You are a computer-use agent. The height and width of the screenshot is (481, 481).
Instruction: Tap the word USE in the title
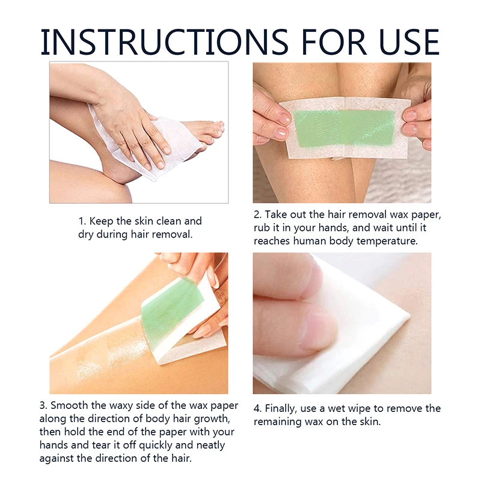pos(409,41)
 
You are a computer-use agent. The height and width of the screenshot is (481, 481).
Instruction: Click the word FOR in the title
pos(334,41)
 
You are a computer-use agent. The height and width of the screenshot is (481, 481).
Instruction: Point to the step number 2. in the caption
pos(258,215)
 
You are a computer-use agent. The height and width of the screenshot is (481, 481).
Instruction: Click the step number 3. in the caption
pos(43,405)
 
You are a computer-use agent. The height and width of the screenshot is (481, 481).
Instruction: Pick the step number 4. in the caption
pos(258,409)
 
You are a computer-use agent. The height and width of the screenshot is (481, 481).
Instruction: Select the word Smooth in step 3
pos(69,405)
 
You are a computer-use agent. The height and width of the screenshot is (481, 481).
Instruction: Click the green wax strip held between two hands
pos(344,128)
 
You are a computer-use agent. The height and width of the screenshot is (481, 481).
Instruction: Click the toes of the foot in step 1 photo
pos(212,132)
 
